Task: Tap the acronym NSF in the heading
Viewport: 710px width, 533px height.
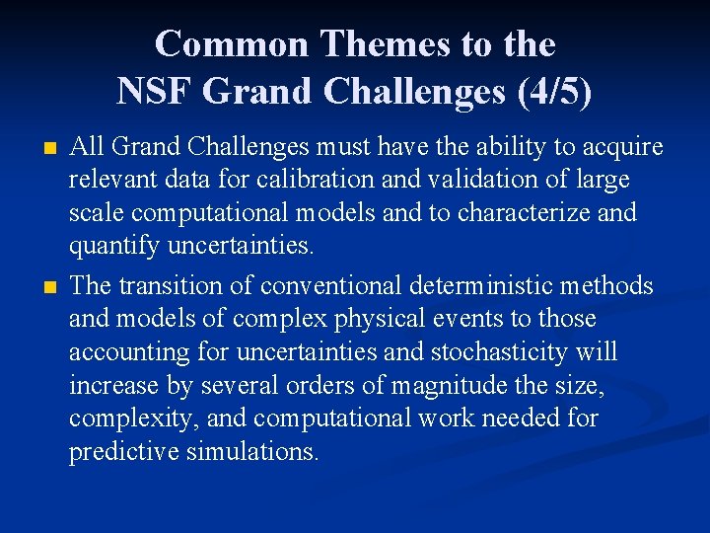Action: pyautogui.click(x=157, y=91)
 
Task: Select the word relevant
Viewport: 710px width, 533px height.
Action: pyautogui.click(x=110, y=181)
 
